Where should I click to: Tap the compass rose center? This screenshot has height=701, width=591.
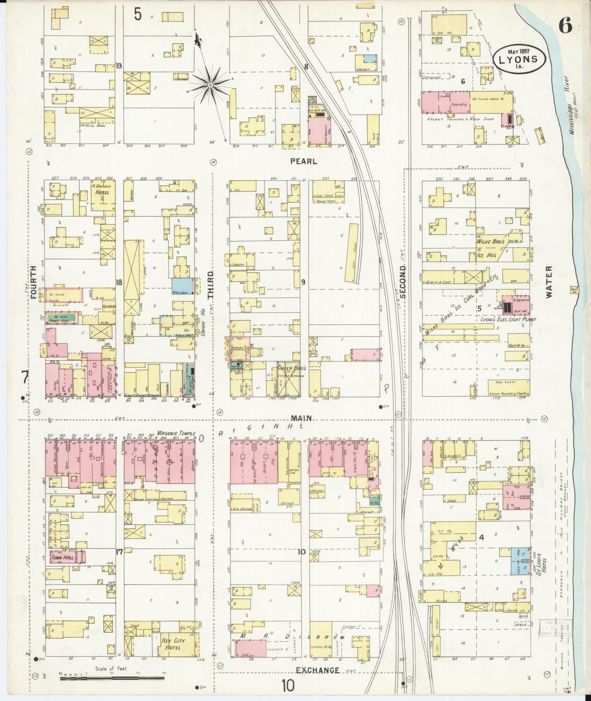point(210,85)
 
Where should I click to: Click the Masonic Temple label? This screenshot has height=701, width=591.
point(175,433)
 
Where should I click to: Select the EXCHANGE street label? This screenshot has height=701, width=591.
point(318,670)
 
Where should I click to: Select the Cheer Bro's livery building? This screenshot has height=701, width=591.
point(289,380)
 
